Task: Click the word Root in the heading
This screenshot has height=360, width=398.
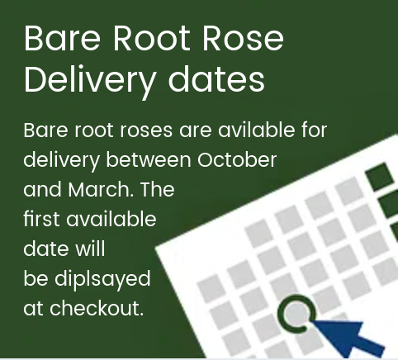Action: (151, 38)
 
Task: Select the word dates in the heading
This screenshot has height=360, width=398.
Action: (216, 78)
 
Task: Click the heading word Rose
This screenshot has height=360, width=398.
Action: (243, 38)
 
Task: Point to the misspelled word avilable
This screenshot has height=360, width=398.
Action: (257, 130)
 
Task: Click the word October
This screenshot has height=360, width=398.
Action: (237, 159)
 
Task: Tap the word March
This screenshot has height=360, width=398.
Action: (101, 189)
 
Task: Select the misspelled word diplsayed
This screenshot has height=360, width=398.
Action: (102, 279)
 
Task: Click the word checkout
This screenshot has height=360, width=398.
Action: (97, 308)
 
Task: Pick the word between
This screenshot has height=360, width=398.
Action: (149, 159)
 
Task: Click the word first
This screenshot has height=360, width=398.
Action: (41, 219)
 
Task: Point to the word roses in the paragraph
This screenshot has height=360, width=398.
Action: (146, 130)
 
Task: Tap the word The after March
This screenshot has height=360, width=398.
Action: (158, 189)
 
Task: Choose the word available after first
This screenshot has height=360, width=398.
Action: (111, 219)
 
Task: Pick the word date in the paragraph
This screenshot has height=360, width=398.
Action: (46, 249)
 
